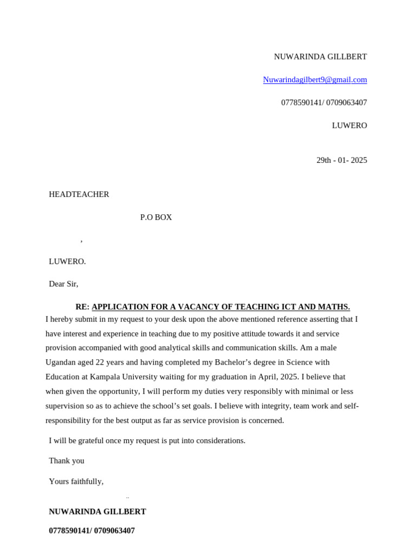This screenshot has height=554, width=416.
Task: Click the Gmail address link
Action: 315,80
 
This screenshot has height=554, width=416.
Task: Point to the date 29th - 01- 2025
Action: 341,160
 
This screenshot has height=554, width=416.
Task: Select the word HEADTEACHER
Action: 79,194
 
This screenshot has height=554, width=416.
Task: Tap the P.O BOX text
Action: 156,217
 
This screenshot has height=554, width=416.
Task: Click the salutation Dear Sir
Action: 63,283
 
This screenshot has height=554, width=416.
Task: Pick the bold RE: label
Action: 82,307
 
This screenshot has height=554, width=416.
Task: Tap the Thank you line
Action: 67,461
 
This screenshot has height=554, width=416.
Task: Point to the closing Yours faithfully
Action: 76,482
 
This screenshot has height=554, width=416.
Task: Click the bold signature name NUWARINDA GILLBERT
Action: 97,512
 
